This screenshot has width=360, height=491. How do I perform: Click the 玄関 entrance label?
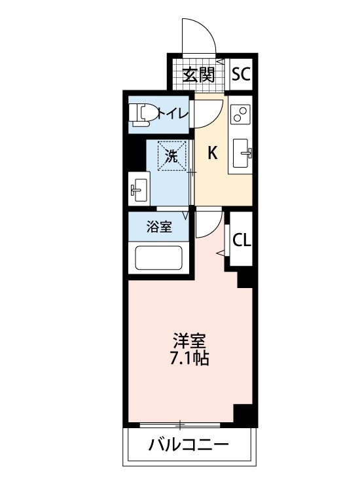coord(198,75)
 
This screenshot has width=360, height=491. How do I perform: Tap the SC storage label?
coord(241,74)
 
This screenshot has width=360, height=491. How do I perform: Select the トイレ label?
coord(173,113)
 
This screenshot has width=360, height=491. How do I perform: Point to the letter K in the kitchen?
coord(213,154)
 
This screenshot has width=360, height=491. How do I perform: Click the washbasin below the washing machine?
coord(139,190)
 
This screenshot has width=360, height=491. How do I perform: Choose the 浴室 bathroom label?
coord(159,227)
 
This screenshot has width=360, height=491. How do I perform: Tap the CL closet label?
coord(242,240)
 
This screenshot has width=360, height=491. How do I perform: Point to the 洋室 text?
coord(190,341)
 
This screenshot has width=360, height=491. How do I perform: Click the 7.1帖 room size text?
coord(190,359)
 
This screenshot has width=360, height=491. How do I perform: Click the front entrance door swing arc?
coord(198,33)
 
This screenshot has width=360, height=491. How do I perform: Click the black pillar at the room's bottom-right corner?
coord(244,414)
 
